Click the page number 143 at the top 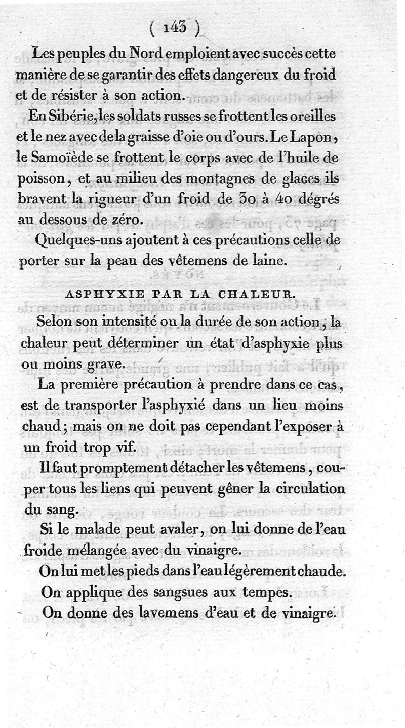tap(175, 28)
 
